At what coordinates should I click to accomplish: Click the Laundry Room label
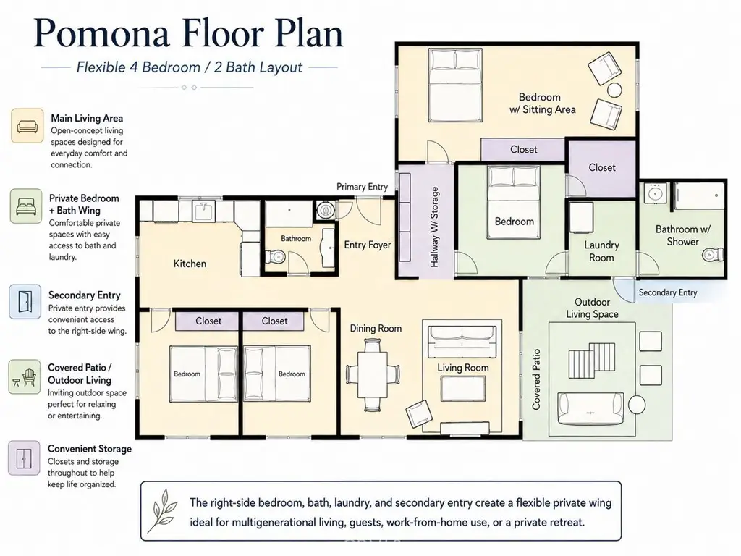click(x=601, y=251)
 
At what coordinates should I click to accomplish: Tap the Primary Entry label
click(x=362, y=187)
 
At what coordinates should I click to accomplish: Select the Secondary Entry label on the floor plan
click(x=668, y=292)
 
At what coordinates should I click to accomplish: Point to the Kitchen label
click(x=190, y=264)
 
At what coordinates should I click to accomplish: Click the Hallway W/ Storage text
click(x=435, y=227)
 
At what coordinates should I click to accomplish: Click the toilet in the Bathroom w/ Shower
click(x=713, y=256)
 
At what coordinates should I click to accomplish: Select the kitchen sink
click(x=204, y=210)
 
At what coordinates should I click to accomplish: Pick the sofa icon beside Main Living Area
click(x=27, y=126)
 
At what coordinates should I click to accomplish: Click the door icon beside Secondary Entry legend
click(x=25, y=302)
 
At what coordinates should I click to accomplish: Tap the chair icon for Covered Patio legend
click(x=25, y=376)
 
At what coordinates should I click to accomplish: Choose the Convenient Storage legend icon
click(x=24, y=458)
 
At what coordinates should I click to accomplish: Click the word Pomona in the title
click(x=101, y=34)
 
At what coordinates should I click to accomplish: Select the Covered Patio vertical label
click(x=536, y=379)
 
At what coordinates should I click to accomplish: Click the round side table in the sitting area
click(x=614, y=90)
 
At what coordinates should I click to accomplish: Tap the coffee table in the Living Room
click(x=462, y=389)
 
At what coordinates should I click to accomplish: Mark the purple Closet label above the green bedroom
click(x=524, y=149)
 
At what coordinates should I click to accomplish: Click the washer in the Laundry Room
click(x=581, y=217)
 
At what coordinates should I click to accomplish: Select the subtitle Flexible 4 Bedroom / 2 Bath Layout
click(x=190, y=67)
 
